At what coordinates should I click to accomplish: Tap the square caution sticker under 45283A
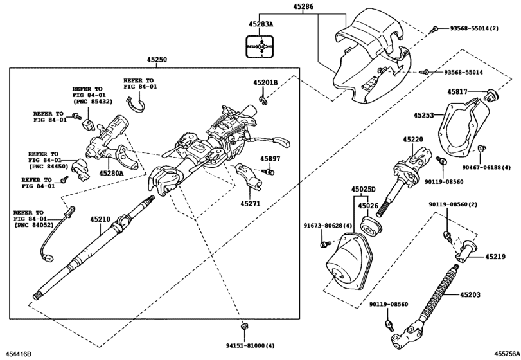pos(261,46)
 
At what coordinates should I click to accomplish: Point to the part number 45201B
pos(265,82)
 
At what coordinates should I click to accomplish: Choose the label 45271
pos(251,203)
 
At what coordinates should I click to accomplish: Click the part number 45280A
pos(111,173)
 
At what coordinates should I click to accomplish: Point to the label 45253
pos(424,116)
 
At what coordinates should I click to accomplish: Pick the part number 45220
pos(413,139)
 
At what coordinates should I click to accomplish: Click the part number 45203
pos(470,295)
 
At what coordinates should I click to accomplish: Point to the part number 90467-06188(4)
pos(500,166)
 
